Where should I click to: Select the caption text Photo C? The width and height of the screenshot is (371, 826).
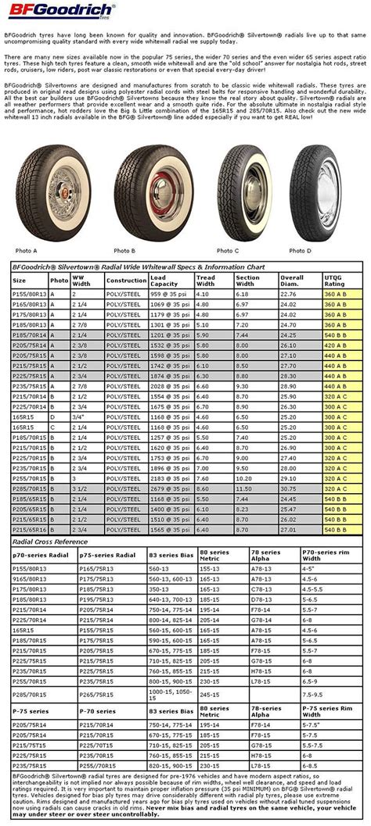(x=228, y=250)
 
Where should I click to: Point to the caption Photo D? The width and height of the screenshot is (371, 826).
(x=300, y=250)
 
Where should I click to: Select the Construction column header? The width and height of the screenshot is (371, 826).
(x=126, y=280)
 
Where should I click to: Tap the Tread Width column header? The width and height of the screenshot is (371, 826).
(x=206, y=279)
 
